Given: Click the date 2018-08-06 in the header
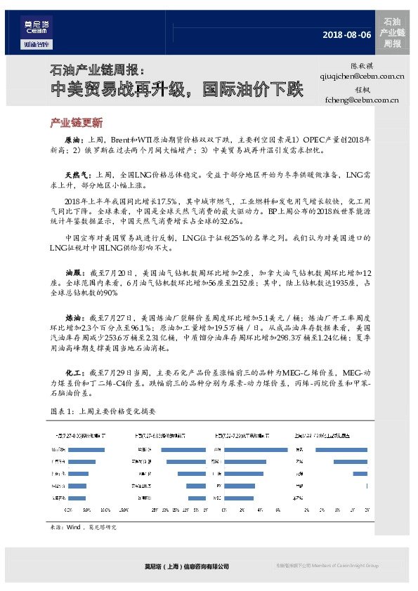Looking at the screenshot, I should click(x=346, y=34).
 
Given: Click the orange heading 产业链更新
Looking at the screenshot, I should click(x=77, y=122).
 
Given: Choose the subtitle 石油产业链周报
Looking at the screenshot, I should click(x=96, y=71).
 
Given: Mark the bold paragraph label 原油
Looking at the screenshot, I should click(x=73, y=140).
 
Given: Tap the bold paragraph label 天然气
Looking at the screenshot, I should click(x=76, y=174).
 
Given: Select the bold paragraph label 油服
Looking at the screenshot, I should click(x=73, y=271).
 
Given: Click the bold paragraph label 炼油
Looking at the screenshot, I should click(x=73, y=317).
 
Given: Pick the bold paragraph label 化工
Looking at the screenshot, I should click(x=73, y=371).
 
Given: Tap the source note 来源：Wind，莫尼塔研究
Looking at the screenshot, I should click(x=81, y=526).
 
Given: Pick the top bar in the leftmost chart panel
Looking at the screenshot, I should click(x=86, y=449).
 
